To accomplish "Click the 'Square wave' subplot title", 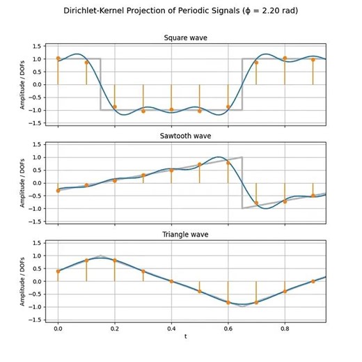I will (185, 38).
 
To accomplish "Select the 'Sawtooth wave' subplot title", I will (185, 136).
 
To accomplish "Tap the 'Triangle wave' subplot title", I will (185, 235).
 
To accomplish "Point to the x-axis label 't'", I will (185, 336).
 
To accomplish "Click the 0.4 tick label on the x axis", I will (171, 326).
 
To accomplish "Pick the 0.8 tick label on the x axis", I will (285, 326).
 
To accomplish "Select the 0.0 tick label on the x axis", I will (58, 326).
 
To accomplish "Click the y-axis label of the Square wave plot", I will (22, 84).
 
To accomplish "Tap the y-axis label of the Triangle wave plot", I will (22, 281).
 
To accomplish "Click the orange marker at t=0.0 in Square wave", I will (58, 58).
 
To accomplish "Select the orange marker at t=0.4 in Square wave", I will (171, 109).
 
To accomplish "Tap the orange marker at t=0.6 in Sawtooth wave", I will (228, 162).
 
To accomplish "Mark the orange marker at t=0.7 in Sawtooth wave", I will (256, 203).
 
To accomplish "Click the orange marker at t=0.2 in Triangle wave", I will (115, 260).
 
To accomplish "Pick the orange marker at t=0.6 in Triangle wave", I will (228, 302).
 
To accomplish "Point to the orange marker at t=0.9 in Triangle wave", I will (313, 281).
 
